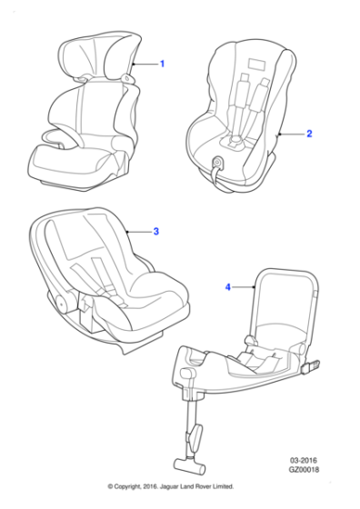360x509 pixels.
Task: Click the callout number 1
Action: point(162,64)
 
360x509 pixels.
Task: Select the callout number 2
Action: point(309,134)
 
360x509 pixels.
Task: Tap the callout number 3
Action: point(156,232)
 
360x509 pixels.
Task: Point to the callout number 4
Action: point(228,287)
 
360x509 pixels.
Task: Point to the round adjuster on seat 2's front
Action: point(218,163)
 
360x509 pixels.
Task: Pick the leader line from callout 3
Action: point(140,232)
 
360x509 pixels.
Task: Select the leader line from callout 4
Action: point(242,287)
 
